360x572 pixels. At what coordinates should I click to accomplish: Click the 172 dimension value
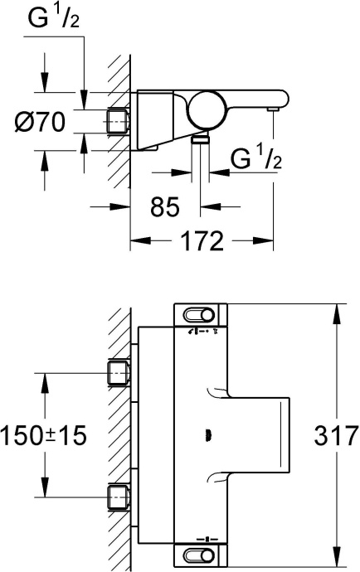coord(202,241)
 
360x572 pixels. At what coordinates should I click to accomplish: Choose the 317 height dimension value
coord(337,434)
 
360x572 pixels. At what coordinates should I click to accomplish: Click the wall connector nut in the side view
coord(118,123)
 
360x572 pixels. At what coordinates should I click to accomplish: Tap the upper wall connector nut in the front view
coord(118,373)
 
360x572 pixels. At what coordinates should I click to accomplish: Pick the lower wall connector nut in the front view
coord(118,497)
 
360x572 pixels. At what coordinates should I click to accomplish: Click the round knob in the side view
coord(204,108)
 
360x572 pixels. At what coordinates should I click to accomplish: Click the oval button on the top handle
coord(202,314)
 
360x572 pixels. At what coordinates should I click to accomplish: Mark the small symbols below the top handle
coord(202,332)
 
